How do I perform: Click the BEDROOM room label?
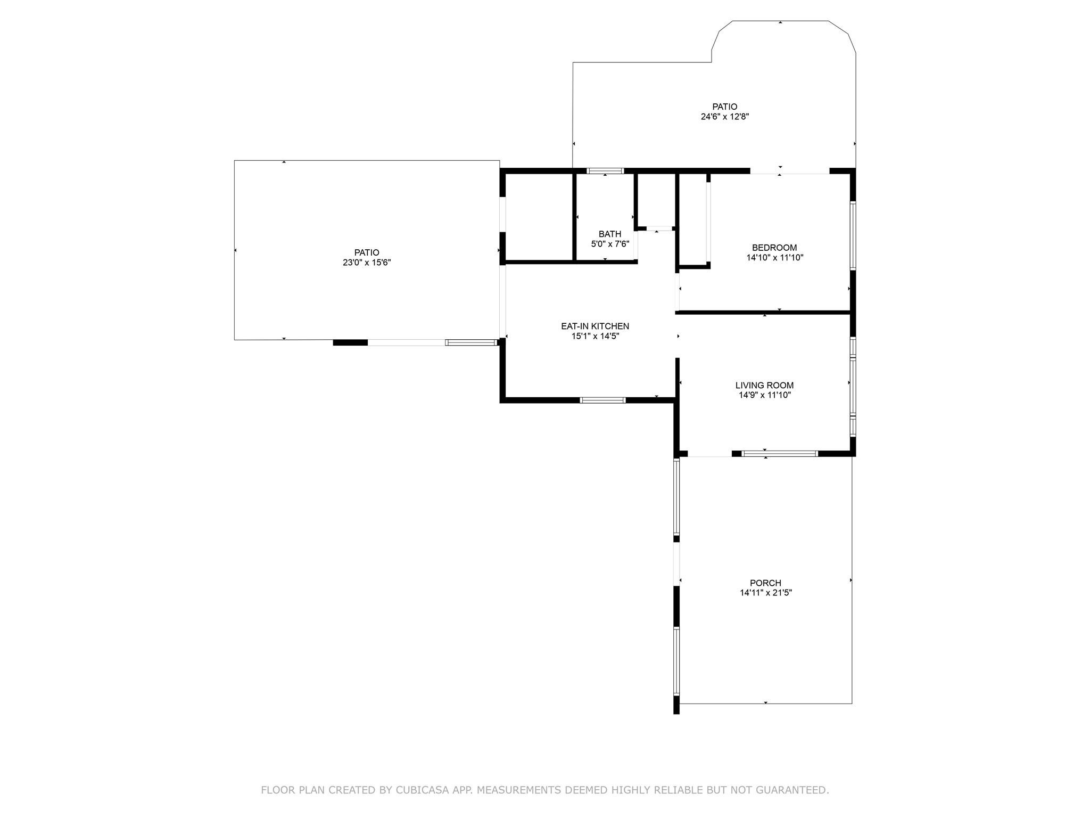tap(774, 248)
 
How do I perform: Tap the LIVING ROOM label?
tap(764, 386)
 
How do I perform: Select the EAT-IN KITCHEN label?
tap(595, 326)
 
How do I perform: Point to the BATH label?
tap(610, 234)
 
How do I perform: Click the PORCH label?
tap(765, 583)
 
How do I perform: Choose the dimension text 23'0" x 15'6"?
tap(367, 263)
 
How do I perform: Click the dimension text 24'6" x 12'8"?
tap(725, 117)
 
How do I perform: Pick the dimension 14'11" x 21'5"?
tap(766, 593)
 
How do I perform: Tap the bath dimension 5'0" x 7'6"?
tap(610, 244)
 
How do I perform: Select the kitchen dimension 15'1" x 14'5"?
tap(595, 336)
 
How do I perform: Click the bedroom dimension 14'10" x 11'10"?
tap(774, 258)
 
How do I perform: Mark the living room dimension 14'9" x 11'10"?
tap(764, 395)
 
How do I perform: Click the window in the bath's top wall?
tap(605, 171)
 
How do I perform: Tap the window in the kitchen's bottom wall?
tap(602, 400)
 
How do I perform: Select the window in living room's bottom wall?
tap(780, 454)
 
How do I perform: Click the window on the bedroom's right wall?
tap(853, 236)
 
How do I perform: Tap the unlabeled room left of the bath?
tap(539, 217)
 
